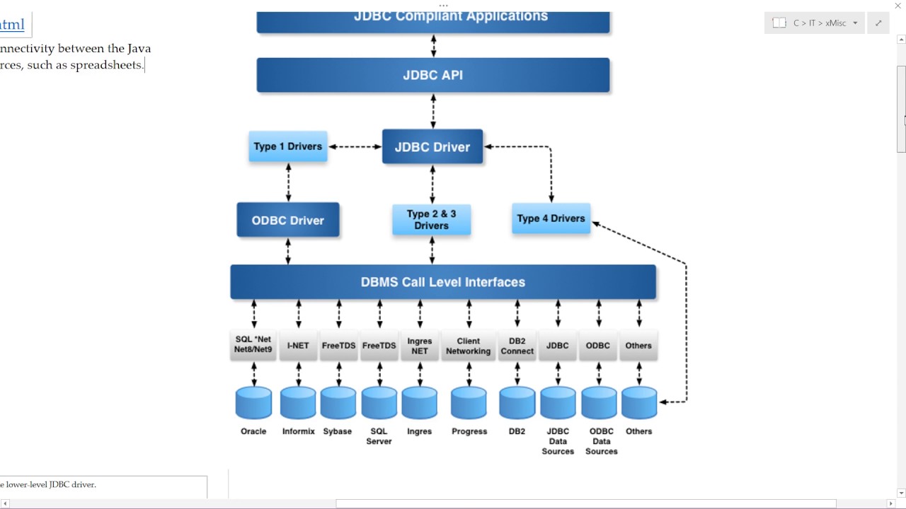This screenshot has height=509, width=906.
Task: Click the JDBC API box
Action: tap(432, 75)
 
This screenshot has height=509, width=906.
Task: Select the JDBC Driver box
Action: tap(432, 147)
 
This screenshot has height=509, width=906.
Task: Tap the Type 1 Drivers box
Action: tap(287, 146)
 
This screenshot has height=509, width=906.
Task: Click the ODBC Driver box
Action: tap(287, 221)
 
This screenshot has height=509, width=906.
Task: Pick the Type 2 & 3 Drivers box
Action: tap(431, 219)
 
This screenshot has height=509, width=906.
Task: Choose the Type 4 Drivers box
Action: tap(551, 218)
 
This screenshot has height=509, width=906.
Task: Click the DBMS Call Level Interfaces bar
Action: tap(443, 282)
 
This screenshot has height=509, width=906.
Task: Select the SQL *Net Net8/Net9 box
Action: tap(253, 345)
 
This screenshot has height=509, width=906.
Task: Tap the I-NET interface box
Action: tap(298, 346)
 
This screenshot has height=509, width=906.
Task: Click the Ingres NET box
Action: tap(420, 346)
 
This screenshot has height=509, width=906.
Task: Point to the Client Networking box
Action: tap(468, 346)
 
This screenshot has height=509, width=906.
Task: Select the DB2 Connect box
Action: tap(517, 346)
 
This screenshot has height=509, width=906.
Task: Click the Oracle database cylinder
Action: tap(253, 402)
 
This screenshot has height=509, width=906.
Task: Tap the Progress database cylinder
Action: tap(469, 402)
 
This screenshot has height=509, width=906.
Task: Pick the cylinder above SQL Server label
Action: tap(379, 402)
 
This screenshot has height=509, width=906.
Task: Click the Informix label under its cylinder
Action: tap(298, 431)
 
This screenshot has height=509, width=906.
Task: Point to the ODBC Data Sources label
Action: tap(601, 441)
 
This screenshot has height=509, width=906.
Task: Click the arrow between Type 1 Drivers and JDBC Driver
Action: tap(355, 147)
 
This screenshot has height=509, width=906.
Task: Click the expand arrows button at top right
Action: tap(878, 23)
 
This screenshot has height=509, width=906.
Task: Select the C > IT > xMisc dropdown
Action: tap(815, 23)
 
